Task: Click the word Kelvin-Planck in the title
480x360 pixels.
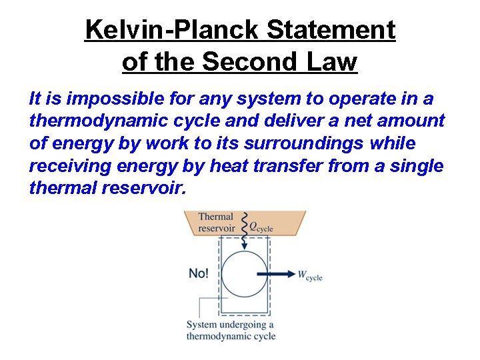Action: [x=170, y=30]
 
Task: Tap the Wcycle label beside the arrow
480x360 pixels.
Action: [x=310, y=275]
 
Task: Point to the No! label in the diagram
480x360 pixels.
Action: [x=199, y=273]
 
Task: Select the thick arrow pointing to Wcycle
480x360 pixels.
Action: [x=275, y=274]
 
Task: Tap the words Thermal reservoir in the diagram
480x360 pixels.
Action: [x=216, y=222]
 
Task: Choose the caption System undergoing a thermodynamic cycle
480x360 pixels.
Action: [x=231, y=330]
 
